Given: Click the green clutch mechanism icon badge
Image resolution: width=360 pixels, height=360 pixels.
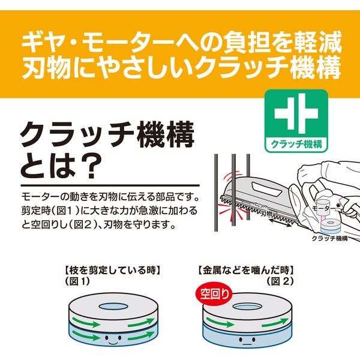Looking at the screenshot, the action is tap(296, 121).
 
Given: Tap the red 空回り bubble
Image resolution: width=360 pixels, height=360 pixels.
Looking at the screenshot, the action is tap(214, 294).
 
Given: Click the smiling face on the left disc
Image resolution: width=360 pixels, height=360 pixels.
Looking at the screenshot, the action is tap(113, 340).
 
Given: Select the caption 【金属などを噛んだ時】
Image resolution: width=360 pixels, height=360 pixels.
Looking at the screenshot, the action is tap(245, 270).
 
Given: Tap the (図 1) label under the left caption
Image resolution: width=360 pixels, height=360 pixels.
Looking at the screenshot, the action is tap(78, 281).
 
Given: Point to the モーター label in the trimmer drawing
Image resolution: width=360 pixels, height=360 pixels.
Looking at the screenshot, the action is tap(324, 208).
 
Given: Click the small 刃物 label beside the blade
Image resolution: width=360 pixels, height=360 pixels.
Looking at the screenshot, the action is tap(266, 214).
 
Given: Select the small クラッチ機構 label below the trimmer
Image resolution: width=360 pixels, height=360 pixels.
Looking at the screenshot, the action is tap(329, 238).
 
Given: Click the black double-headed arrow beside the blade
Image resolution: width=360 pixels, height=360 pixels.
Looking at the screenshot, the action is tap(281, 222).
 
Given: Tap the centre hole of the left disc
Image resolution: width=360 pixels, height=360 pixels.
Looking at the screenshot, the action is tap(113, 306).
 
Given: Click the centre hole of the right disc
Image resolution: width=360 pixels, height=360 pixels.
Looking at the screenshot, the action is tap(247, 307).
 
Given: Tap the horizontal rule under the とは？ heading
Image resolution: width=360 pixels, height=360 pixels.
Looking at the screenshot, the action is tap(110, 185).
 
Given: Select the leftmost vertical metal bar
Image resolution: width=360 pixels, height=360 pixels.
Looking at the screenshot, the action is tap(216, 193).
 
